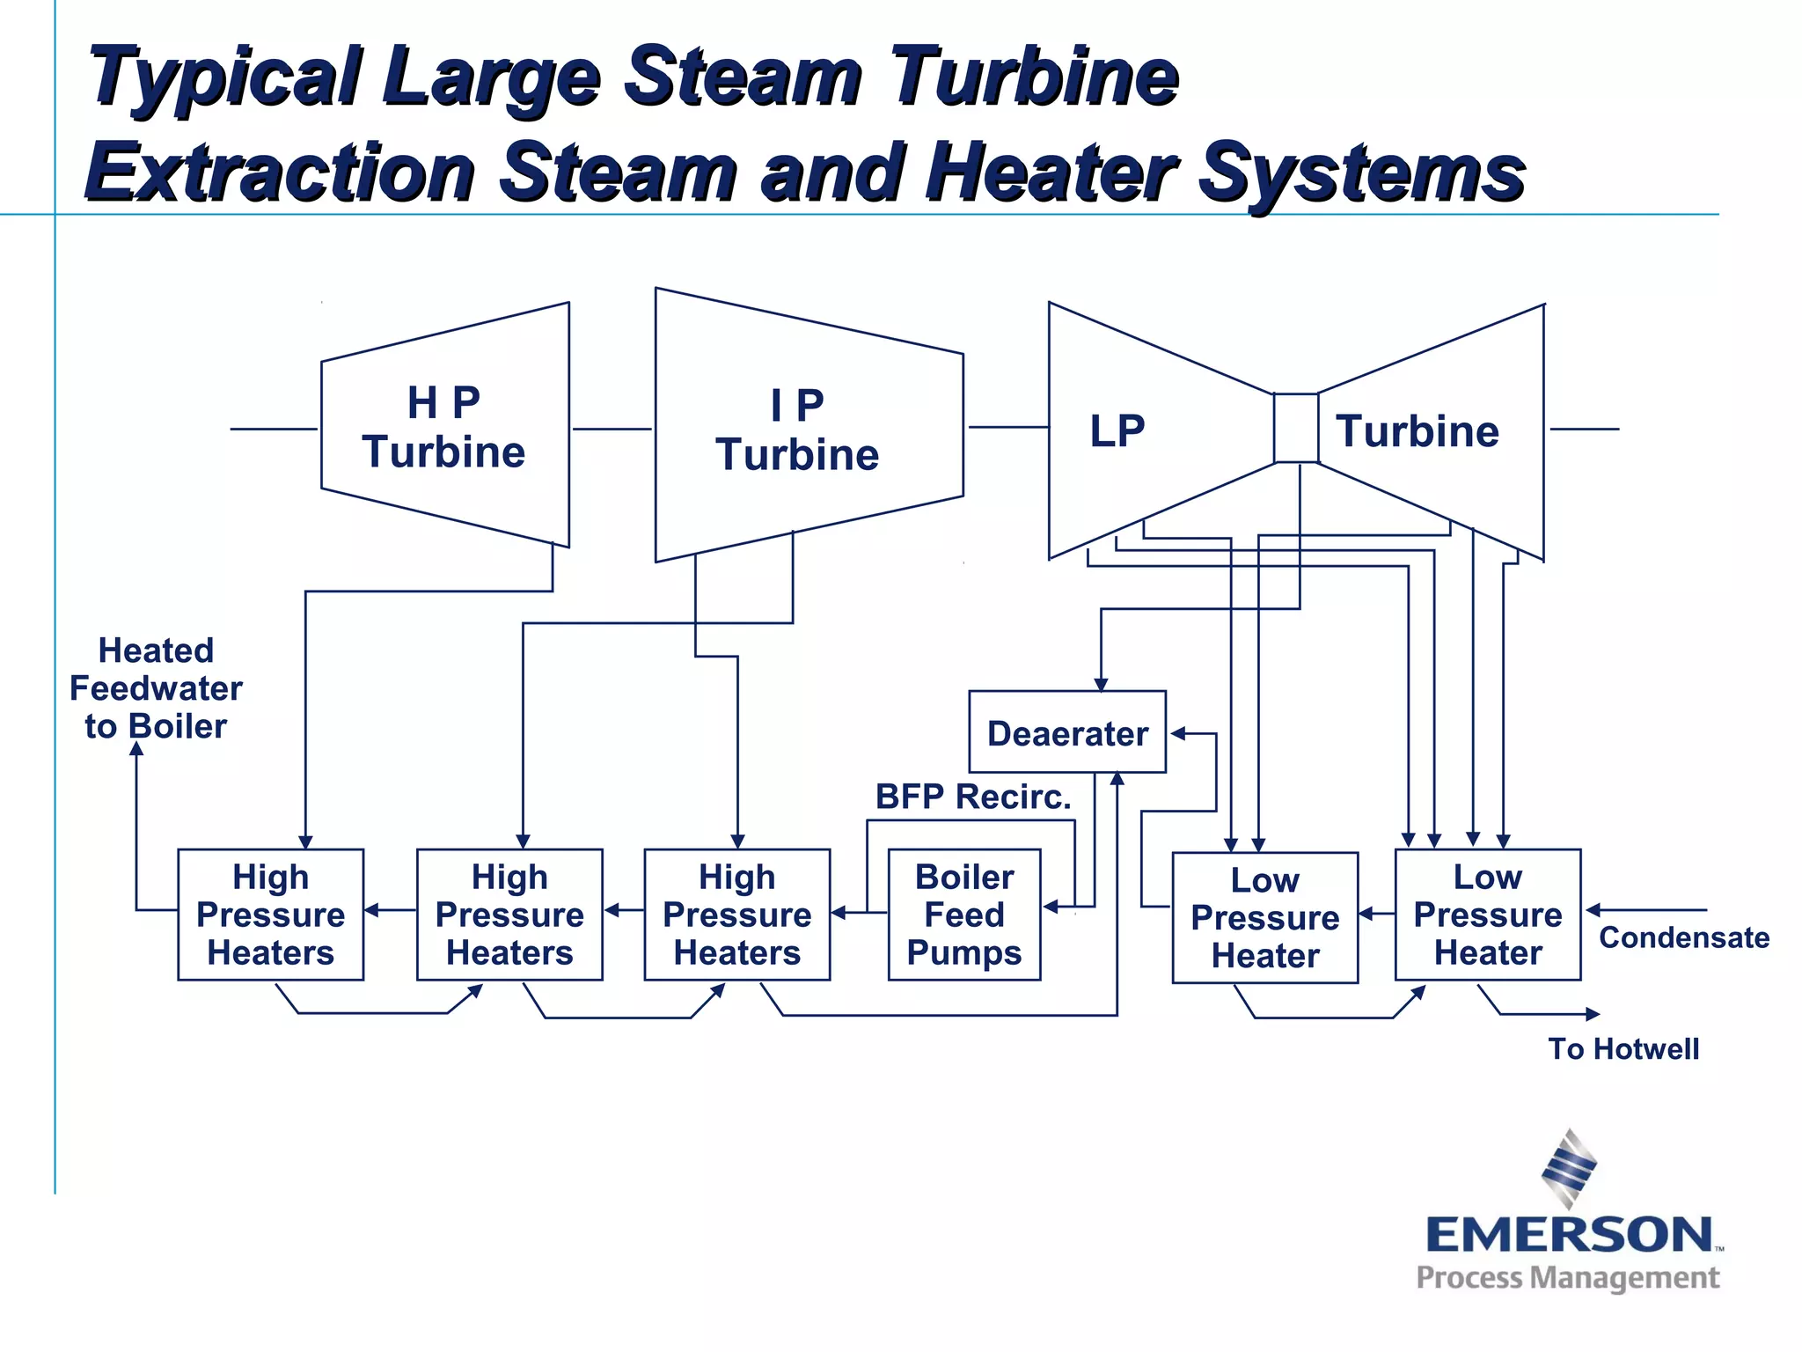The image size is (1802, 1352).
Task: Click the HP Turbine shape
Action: (x=444, y=427)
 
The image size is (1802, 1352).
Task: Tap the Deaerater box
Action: (x=1067, y=732)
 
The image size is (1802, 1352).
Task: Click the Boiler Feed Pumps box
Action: (x=964, y=915)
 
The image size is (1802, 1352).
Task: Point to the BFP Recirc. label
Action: (x=973, y=797)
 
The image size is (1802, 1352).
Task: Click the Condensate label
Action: (x=1683, y=937)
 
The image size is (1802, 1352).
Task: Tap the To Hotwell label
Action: (x=1623, y=1048)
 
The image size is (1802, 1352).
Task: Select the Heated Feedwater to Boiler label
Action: (x=156, y=688)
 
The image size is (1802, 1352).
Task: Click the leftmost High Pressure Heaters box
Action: (x=271, y=915)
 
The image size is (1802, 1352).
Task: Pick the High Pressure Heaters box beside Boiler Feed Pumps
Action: (x=737, y=915)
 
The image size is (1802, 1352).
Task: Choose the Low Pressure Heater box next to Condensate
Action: (x=1488, y=915)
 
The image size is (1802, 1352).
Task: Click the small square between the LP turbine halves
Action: (x=1296, y=428)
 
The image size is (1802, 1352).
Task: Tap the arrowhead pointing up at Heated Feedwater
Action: (x=136, y=749)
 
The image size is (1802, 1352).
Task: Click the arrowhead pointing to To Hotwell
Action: (x=1592, y=1014)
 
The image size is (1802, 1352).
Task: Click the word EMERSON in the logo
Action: (x=1569, y=1234)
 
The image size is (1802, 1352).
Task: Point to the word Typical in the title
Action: (x=224, y=77)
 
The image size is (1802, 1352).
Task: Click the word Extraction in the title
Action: (x=282, y=173)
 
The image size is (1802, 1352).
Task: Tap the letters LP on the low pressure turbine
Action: (x=1117, y=431)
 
